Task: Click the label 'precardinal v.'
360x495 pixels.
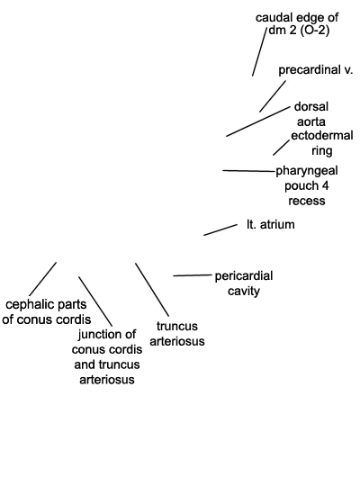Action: tap(315, 70)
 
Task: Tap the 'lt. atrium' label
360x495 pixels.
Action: tap(271, 224)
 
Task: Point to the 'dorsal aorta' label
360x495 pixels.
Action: tap(311, 114)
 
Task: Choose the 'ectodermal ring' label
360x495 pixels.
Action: tap(322, 143)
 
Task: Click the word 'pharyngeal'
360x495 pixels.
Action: tap(307, 171)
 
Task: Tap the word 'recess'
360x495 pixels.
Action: tap(307, 201)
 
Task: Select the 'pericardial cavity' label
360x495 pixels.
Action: tap(244, 283)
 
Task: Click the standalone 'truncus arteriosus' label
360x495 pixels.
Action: tap(177, 333)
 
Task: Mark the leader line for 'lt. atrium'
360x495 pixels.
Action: tap(220, 229)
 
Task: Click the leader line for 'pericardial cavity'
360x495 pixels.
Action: tap(193, 275)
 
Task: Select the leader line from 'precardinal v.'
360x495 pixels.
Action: tap(273, 96)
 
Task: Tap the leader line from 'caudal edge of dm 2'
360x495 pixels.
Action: tap(259, 52)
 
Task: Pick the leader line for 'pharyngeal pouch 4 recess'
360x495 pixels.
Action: tap(249, 171)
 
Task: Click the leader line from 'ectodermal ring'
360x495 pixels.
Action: tap(281, 148)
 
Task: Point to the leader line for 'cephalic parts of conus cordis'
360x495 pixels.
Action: tap(43, 279)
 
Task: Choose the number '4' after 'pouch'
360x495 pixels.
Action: tap(325, 185)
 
